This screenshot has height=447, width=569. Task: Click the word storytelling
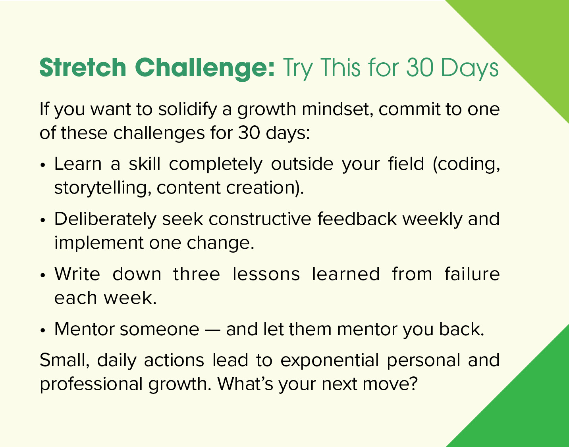pos(102,188)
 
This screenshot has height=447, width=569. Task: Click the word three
pos(197,274)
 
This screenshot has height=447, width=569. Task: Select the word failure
pos(472,274)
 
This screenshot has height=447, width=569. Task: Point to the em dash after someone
pos(213,330)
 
